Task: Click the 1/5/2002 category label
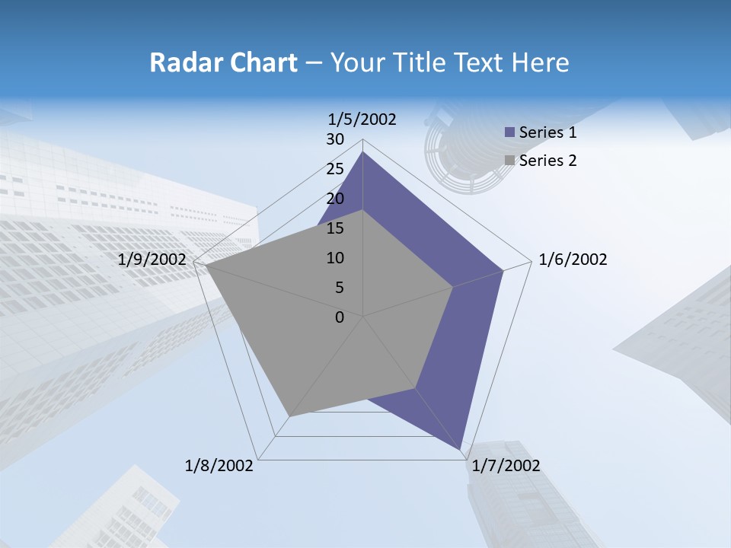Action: point(362,119)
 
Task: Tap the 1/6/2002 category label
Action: point(573,260)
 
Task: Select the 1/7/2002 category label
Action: point(506,466)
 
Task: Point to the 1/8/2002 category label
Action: point(219,466)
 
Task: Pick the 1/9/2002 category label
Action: point(152,260)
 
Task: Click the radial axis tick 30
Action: point(335,139)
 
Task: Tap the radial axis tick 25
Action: point(335,169)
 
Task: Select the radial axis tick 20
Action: point(335,199)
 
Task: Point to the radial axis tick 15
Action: point(335,228)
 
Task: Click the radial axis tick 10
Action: point(335,258)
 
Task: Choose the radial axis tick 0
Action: point(340,317)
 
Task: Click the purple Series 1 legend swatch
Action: point(509,132)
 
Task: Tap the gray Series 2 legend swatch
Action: point(509,161)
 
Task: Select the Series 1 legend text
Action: point(547,132)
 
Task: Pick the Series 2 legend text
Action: point(547,161)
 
